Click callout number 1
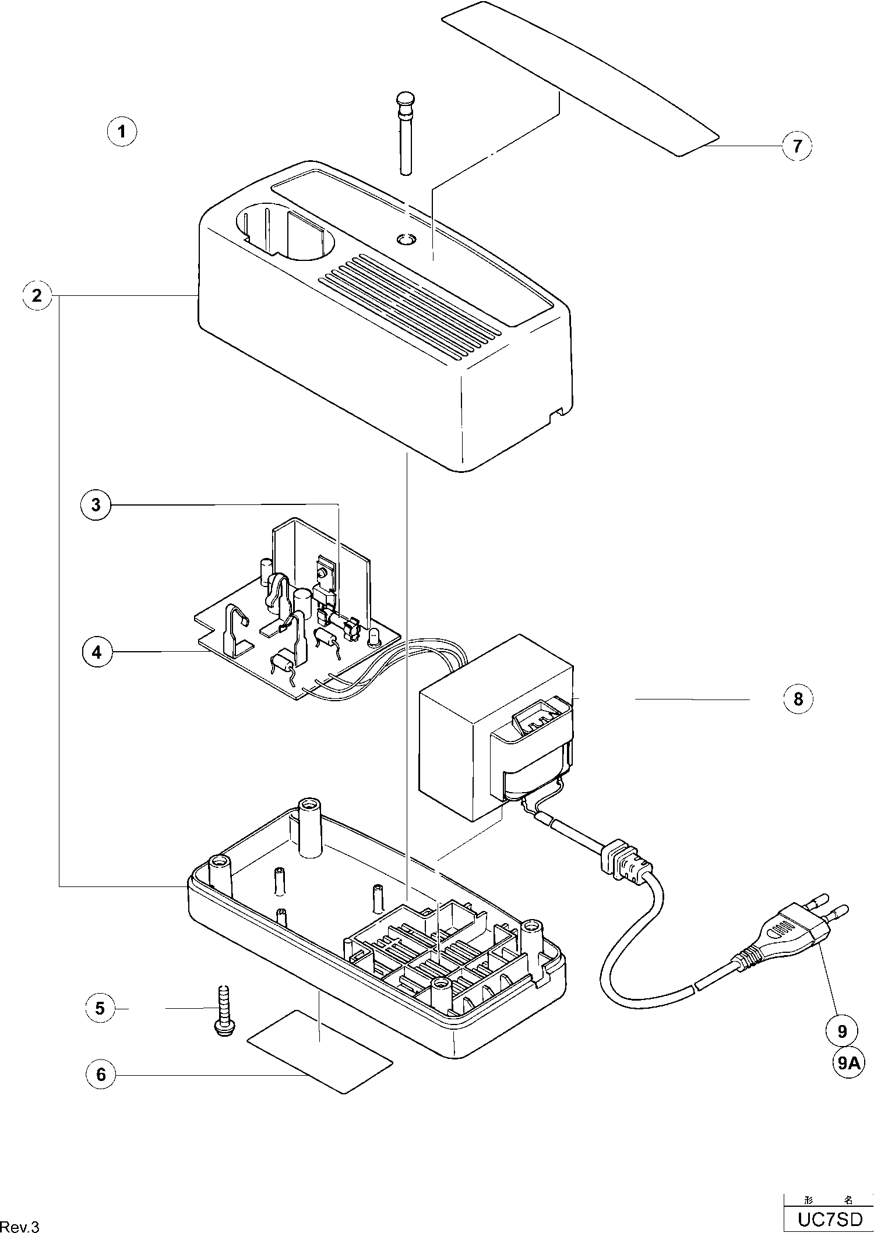click(x=122, y=131)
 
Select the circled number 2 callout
click(x=37, y=296)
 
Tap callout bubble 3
click(x=96, y=504)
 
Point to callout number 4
click(x=97, y=652)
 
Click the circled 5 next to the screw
click(x=100, y=1008)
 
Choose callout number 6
click(x=101, y=1074)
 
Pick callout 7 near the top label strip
click(x=797, y=146)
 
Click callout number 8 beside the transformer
click(x=798, y=698)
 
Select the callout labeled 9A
click(x=848, y=1063)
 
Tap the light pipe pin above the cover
click(x=405, y=132)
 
